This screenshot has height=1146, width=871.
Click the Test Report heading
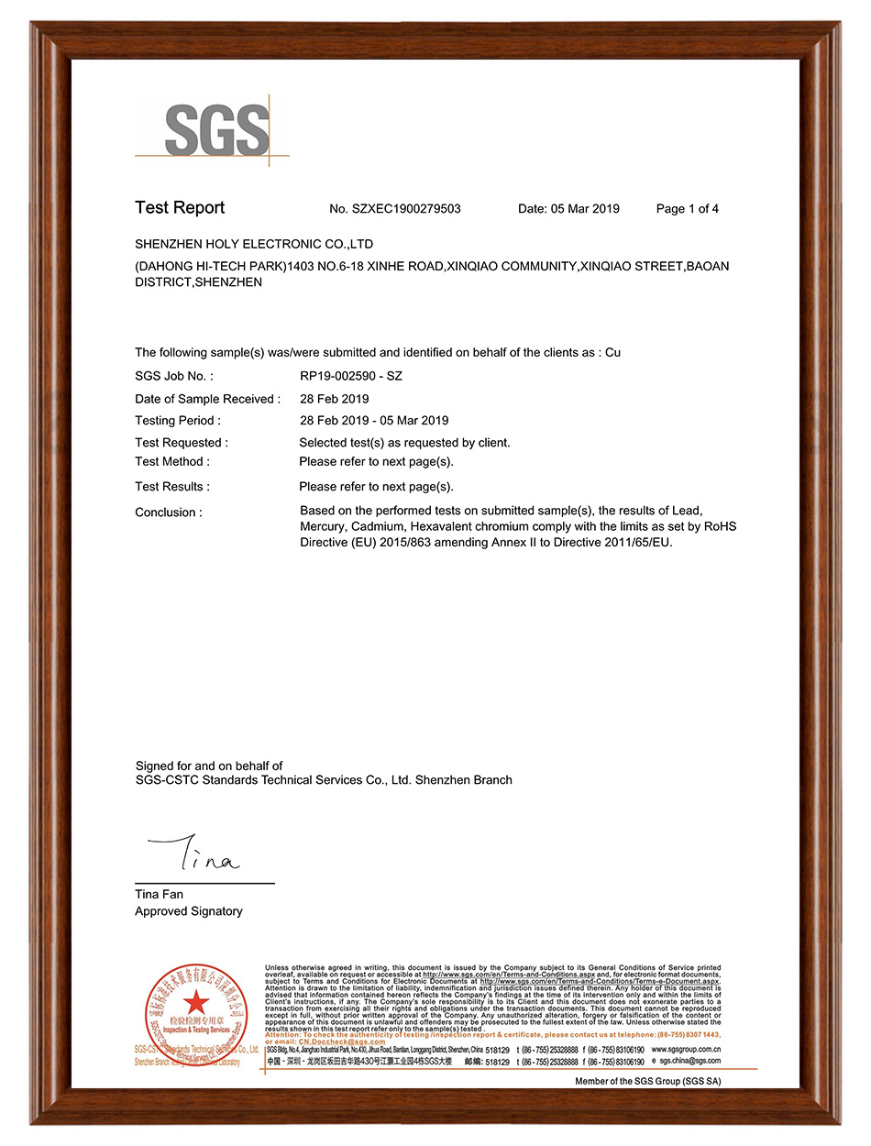tap(180, 208)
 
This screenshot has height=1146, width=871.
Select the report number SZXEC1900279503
tap(406, 209)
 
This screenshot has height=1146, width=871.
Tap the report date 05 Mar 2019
tap(585, 209)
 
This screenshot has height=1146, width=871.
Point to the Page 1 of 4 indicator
tap(688, 209)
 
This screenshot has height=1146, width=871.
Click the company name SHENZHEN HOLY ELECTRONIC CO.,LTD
tap(254, 245)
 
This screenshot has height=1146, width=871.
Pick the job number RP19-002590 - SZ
tap(351, 376)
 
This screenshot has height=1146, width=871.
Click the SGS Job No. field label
tap(174, 376)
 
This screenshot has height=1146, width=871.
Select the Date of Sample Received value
tap(335, 399)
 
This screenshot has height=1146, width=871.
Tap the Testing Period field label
tap(178, 421)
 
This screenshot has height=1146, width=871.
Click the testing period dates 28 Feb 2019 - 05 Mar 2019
tap(374, 421)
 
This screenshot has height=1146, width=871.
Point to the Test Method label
tap(172, 461)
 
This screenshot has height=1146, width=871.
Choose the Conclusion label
tap(169, 512)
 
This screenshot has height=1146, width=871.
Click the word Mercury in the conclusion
tap(322, 527)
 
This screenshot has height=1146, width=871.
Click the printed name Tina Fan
tap(159, 894)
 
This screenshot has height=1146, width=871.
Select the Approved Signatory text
tap(189, 911)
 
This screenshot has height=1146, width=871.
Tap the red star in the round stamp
tap(196, 1002)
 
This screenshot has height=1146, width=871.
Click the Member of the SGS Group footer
tap(647, 1082)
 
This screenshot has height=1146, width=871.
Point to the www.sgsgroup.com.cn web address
tap(686, 1050)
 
